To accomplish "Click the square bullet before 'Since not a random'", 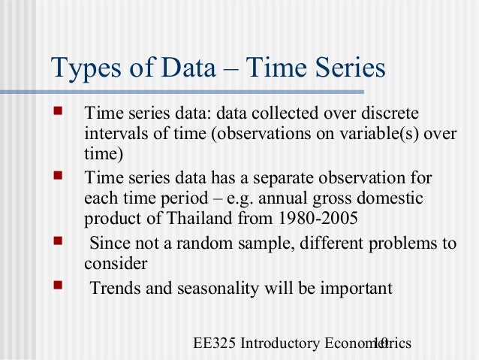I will (59, 243).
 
